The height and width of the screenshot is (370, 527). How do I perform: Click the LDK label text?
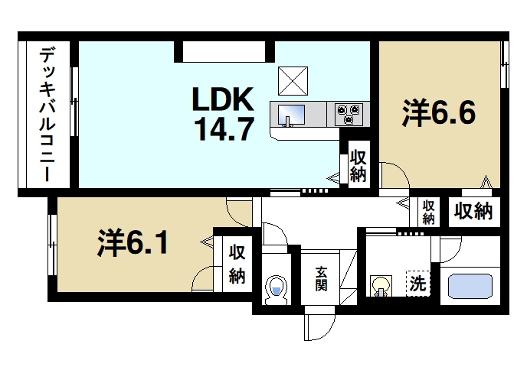tap(222, 99)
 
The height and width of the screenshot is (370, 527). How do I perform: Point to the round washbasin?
tap(380, 286)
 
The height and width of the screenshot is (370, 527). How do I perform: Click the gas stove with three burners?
tap(349, 114)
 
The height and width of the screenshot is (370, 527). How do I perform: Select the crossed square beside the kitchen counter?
tap(292, 80)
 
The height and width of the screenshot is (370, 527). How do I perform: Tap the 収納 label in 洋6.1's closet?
tap(237, 264)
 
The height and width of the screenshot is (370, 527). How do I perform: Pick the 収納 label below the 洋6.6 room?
tap(473, 212)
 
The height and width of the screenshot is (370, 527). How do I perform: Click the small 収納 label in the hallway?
tap(428, 212)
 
